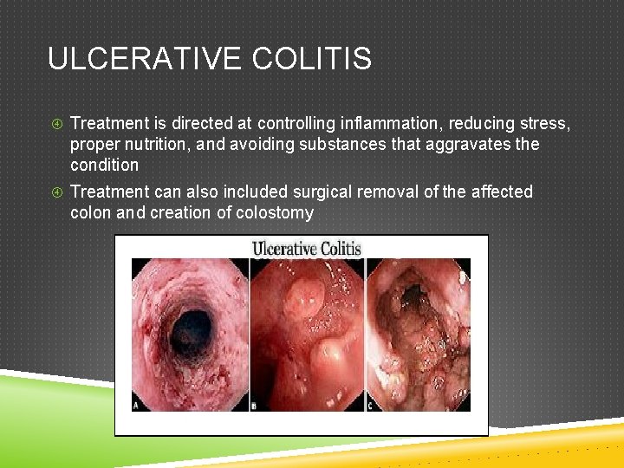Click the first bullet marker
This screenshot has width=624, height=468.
(55, 124)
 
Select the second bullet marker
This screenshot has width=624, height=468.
(55, 192)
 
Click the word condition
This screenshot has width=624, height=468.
(104, 165)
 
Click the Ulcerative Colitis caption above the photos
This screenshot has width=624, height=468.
(305, 249)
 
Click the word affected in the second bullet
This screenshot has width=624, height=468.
(502, 192)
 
